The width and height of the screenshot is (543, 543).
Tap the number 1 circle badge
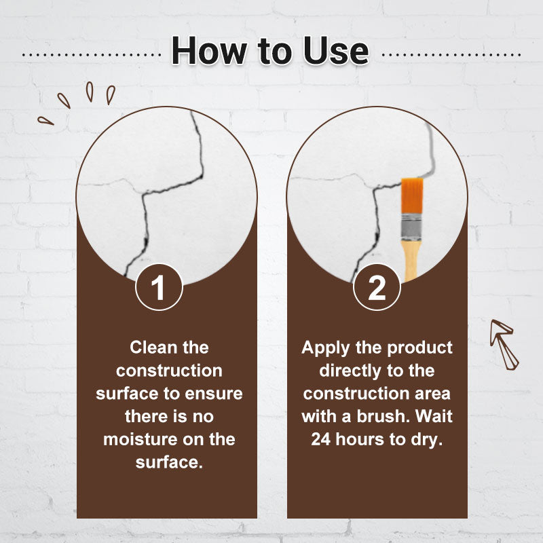(159, 287)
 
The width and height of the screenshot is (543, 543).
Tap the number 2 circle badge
(377, 287)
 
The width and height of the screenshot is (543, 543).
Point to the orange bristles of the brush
(412, 197)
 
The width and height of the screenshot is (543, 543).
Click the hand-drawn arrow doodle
(504, 344)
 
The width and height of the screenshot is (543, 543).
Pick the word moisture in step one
(143, 439)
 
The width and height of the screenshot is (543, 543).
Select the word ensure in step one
(214, 394)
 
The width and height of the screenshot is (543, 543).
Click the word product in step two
(419, 348)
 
